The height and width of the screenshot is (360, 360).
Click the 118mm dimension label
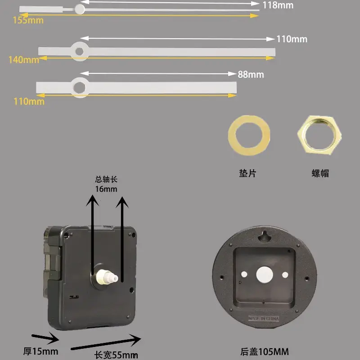click(x=278, y=5)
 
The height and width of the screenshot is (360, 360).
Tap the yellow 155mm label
click(x=28, y=20)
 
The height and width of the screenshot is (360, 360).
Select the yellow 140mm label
click(x=24, y=60)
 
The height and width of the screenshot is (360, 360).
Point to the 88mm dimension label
click(x=251, y=74)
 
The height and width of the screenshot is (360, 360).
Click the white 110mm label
click(x=292, y=39)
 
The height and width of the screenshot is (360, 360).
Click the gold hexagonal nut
click(x=319, y=135)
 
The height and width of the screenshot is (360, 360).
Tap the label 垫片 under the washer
click(x=248, y=173)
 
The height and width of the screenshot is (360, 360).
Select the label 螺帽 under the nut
click(x=320, y=173)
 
